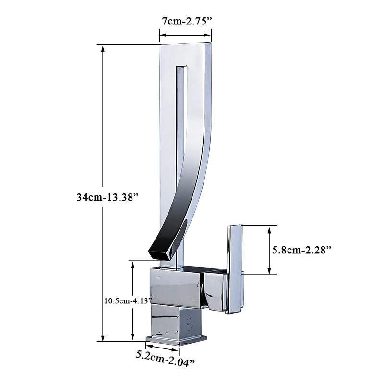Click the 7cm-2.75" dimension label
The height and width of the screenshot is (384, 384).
pyautogui.click(x=186, y=21)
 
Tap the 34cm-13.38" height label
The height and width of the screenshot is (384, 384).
pyautogui.click(x=108, y=197)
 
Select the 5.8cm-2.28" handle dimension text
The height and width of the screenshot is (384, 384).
pyautogui.click(x=302, y=250)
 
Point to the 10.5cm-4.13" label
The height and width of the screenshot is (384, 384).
pyautogui.click(x=128, y=300)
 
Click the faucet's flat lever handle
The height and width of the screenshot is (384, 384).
pyautogui.click(x=235, y=269)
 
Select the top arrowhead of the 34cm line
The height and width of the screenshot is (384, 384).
pyautogui.click(x=103, y=48)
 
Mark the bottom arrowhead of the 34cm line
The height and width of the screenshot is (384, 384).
pyautogui.click(x=103, y=337)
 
